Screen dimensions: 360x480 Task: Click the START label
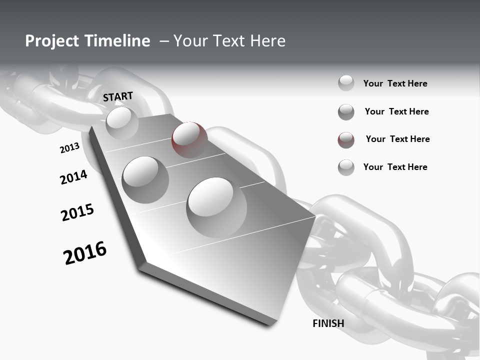point(118,96)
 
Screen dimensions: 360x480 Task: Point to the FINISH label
point(328,323)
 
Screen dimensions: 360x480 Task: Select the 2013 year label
point(69,148)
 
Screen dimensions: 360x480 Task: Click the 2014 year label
point(73,177)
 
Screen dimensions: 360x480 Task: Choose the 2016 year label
point(85,253)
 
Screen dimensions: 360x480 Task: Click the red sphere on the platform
point(189,139)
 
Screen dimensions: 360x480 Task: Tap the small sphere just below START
point(122,123)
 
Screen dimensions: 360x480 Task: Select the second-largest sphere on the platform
point(145,179)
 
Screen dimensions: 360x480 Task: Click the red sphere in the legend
point(346,140)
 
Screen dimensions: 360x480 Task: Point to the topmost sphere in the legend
point(346,83)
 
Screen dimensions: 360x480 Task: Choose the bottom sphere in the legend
point(346,167)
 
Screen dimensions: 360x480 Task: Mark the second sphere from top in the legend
point(346,112)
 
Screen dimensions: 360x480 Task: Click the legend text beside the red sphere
point(397,139)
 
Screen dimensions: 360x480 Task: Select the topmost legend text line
point(395,83)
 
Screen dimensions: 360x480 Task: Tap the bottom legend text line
point(395,167)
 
